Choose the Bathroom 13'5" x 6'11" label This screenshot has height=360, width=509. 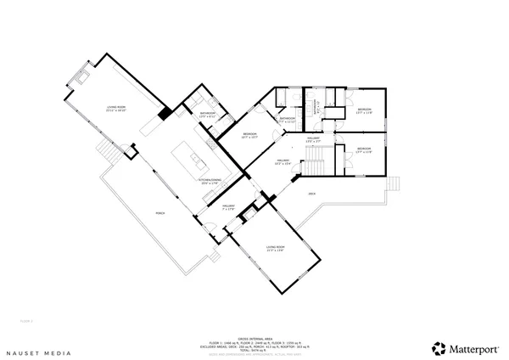pos(208,115)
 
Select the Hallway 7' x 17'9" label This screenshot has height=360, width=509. pos(228,207)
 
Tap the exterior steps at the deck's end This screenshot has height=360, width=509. pos(392,184)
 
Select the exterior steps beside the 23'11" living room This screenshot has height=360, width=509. pos(106,153)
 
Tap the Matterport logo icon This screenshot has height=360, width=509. pos(439,347)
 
